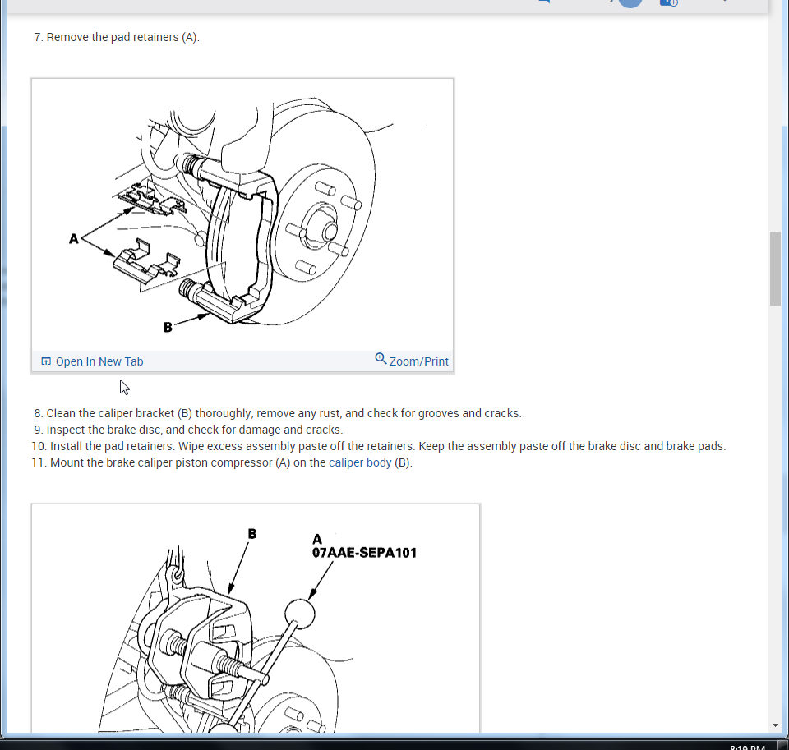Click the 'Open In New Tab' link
tap(99, 361)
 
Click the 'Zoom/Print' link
tap(418, 361)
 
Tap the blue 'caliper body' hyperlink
tap(360, 462)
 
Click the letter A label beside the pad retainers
tap(74, 239)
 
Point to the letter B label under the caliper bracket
tap(168, 328)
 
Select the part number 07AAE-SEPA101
tap(364, 553)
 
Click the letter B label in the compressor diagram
tap(252, 534)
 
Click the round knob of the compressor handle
tap(300, 614)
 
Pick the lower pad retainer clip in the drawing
tap(146, 262)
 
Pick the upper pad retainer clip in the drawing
tap(151, 200)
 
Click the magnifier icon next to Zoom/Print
tap(381, 359)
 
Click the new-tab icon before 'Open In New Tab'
tap(46, 361)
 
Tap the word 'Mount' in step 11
tap(67, 462)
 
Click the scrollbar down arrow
tap(775, 725)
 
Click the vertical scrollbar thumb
tap(775, 268)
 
